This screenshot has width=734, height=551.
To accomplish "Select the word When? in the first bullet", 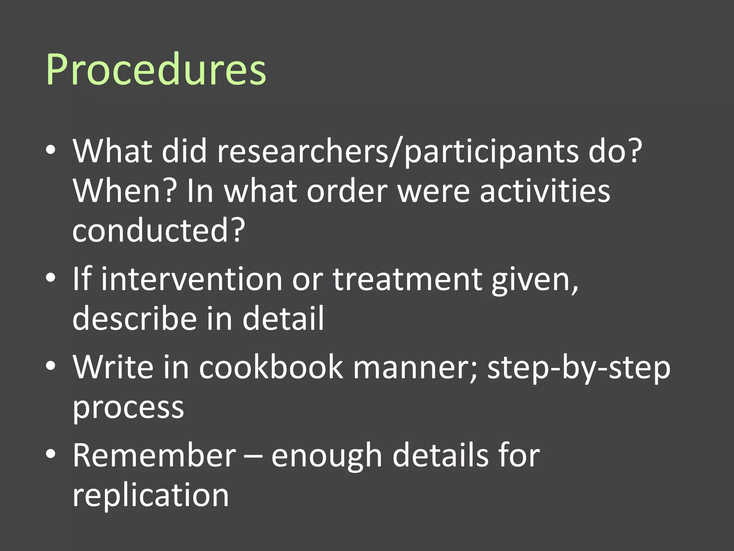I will click(125, 191).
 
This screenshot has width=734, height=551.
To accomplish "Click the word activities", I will click(545, 191).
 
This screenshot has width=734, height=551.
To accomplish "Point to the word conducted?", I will click(159, 230).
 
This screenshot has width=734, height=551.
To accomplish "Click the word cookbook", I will click(271, 367).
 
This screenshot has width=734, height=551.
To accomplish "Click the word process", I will click(128, 408).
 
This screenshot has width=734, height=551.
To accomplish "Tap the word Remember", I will click(154, 456).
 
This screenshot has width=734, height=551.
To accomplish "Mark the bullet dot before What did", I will click(51, 150).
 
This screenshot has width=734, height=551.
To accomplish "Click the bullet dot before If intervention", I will click(51, 278).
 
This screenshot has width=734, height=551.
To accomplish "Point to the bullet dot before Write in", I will click(51, 366).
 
